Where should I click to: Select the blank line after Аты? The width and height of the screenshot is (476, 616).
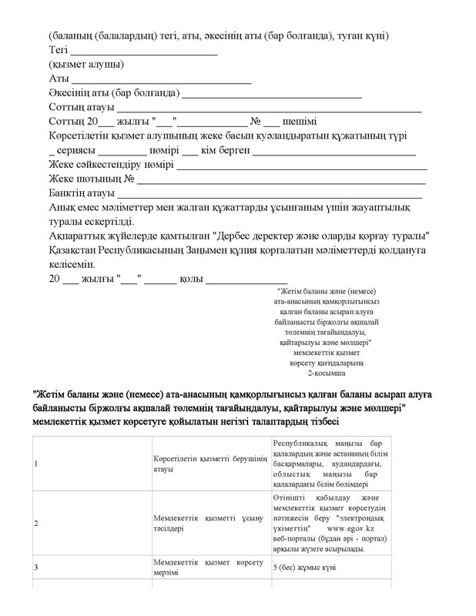tap(161, 79)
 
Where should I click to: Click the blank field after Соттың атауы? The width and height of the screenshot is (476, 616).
tap(270, 108)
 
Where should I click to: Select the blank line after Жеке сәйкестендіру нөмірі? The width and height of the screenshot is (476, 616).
tap(301, 165)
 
